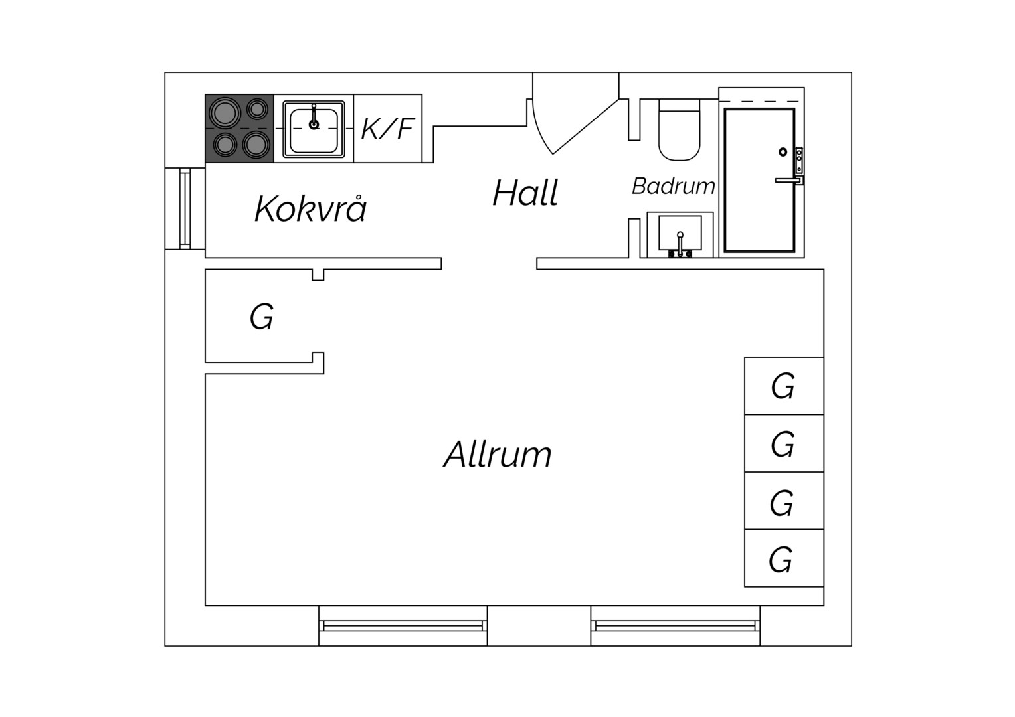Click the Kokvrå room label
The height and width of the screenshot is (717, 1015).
click(x=310, y=209)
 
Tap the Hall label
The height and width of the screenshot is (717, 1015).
click(x=525, y=193)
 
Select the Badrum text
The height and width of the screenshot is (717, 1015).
click(x=674, y=186)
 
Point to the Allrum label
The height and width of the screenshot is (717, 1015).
click(x=497, y=454)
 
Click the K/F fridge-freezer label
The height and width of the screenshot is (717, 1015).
click(x=387, y=129)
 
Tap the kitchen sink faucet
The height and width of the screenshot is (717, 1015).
click(x=314, y=117)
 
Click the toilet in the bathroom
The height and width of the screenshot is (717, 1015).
click(x=680, y=130)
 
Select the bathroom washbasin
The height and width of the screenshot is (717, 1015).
click(x=680, y=234)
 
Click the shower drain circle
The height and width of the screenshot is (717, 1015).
click(x=783, y=152)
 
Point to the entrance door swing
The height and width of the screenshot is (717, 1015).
click(x=575, y=114)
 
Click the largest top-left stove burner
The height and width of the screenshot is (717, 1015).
click(x=225, y=114)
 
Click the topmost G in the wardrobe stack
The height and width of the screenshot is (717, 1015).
click(x=784, y=386)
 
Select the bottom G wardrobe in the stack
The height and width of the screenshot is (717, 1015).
click(x=784, y=558)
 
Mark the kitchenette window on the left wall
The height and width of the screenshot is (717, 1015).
click(x=185, y=208)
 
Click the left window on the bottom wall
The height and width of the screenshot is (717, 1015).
click(x=403, y=626)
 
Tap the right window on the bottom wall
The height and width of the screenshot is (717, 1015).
click(x=675, y=626)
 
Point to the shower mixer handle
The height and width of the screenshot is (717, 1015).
click(x=788, y=181)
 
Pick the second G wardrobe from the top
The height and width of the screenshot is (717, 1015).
click(x=784, y=443)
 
